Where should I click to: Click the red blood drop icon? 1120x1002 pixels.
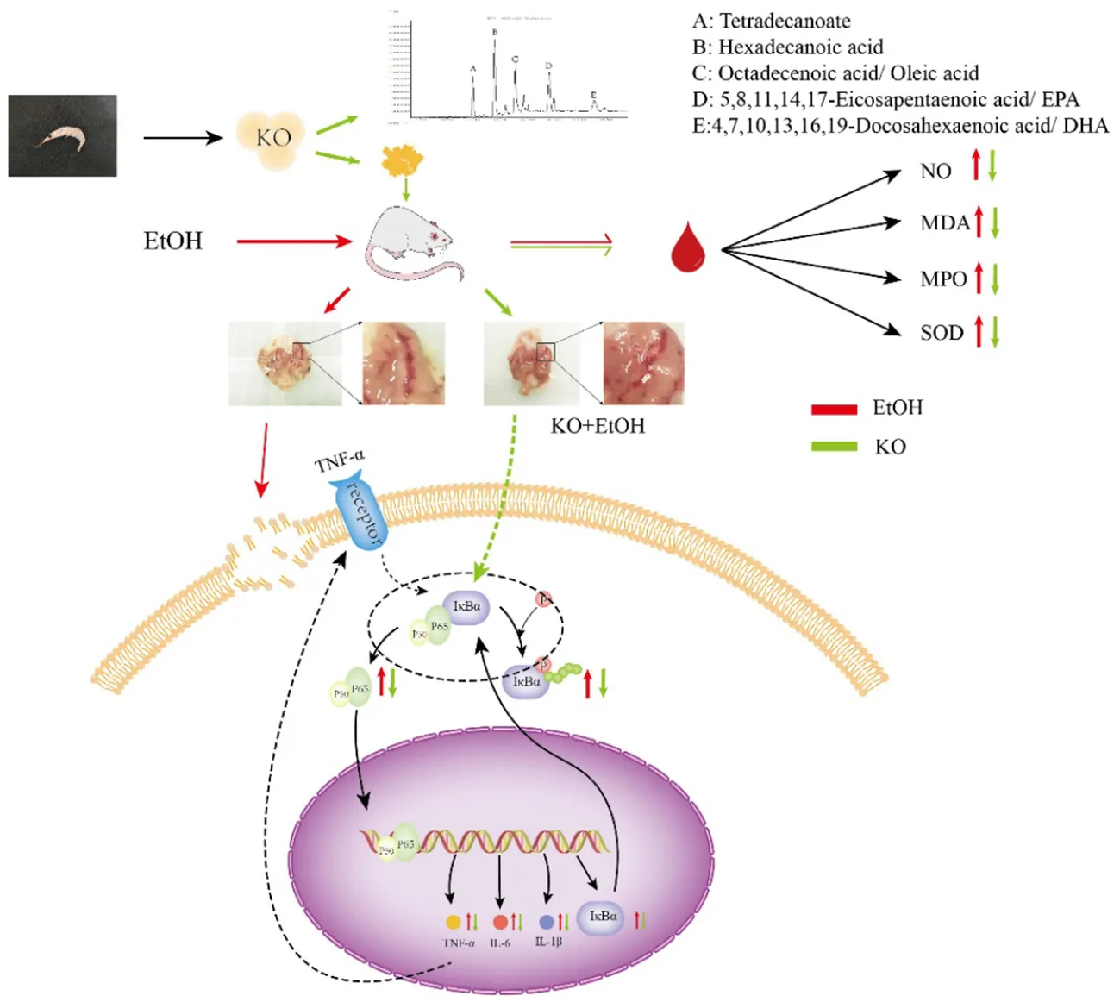coord(687,248)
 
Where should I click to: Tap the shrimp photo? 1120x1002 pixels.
coord(62,135)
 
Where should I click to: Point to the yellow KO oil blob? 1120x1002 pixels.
coord(273,138)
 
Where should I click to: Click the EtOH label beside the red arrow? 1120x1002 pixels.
coord(172,241)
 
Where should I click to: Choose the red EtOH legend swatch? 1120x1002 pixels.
coord(834,409)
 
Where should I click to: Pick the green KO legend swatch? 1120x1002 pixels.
coord(834,447)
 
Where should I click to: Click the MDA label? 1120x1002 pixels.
coord(945,223)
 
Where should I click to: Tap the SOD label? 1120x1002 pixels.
coord(942,333)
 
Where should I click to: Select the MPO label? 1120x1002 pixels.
coord(943,279)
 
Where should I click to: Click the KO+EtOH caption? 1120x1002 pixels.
coord(598,426)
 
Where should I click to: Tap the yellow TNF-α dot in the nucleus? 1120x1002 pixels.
coord(454,922)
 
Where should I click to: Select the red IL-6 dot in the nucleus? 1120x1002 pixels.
coord(500,922)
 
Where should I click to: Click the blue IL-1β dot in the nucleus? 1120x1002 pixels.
coord(546,922)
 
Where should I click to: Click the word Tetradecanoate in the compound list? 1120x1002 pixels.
coord(785,21)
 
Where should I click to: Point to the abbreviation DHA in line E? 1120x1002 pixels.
coord(1086,126)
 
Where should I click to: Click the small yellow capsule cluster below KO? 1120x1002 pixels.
coord(404,160)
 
